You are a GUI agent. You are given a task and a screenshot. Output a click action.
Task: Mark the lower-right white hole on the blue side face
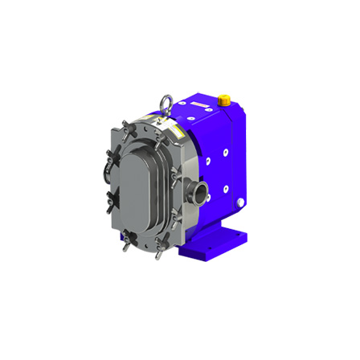pos(227,190)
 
